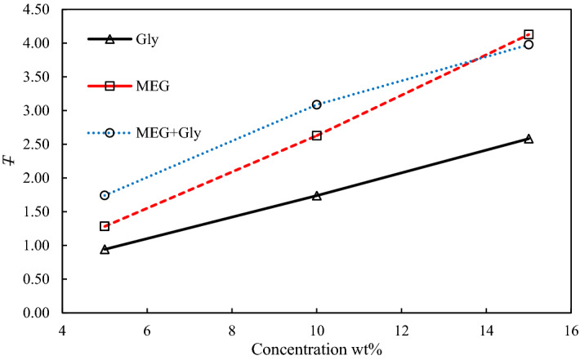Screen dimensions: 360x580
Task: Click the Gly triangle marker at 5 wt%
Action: coord(105,249)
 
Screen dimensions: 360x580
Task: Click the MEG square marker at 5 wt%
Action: coord(105,226)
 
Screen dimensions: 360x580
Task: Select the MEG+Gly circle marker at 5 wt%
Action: coord(105,195)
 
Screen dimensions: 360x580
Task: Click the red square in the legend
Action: coord(109,86)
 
